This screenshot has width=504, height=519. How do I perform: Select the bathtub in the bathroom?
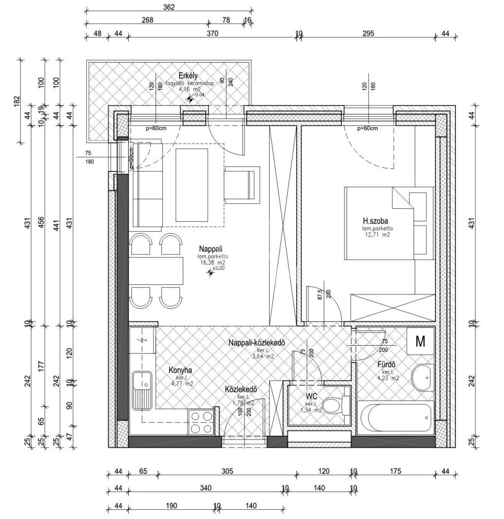(395, 416)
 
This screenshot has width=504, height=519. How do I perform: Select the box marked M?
(420, 342)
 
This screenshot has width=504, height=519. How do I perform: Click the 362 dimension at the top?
(169, 7)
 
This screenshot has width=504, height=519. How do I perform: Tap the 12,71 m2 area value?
(376, 235)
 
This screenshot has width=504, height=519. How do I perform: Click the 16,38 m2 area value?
(212, 263)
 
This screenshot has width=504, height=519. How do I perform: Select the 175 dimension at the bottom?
(395, 471)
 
